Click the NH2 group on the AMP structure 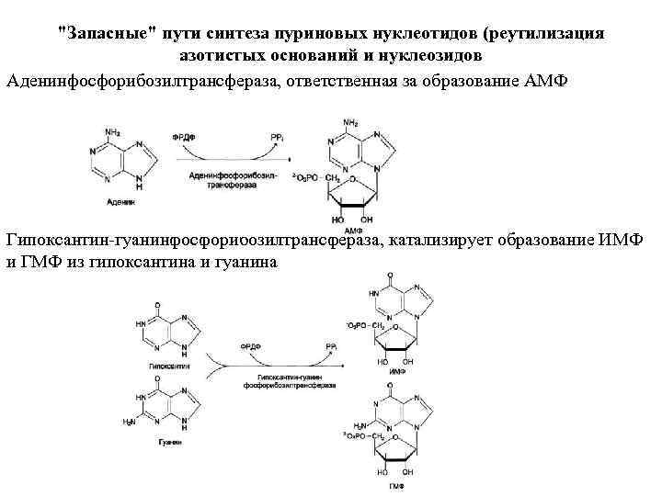[350, 123]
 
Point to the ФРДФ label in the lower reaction [250, 347]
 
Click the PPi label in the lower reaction [329, 345]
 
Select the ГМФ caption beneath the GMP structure [397, 483]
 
